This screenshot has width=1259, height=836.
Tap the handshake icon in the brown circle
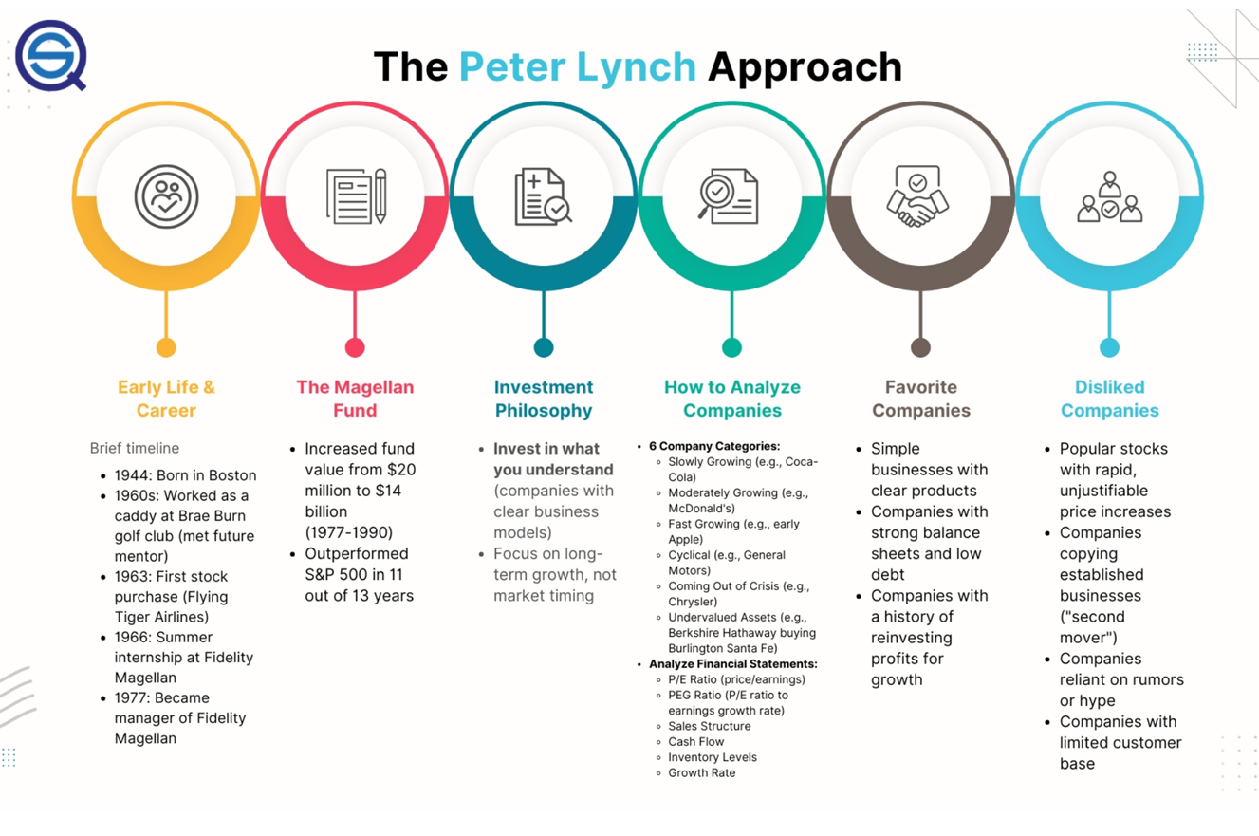pyautogui.click(x=917, y=196)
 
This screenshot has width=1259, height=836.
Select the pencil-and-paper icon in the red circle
pyautogui.click(x=357, y=196)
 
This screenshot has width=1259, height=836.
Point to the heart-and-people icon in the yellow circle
pyautogui.click(x=166, y=196)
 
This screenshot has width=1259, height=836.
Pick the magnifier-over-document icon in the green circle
pyautogui.click(x=728, y=196)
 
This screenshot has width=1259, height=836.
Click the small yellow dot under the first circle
pyautogui.click(x=166, y=347)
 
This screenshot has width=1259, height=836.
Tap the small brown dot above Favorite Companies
pyautogui.click(x=920, y=347)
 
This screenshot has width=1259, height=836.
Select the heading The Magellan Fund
pyautogui.click(x=355, y=399)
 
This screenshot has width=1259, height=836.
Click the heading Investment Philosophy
pyautogui.click(x=544, y=399)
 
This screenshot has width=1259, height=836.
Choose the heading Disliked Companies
pyautogui.click(x=1109, y=399)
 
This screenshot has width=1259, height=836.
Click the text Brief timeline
pyautogui.click(x=135, y=448)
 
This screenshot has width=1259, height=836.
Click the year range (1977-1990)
pyautogui.click(x=348, y=532)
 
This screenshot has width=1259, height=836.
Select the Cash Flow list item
pyautogui.click(x=695, y=741)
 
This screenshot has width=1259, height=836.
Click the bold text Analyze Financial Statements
pyautogui.click(x=733, y=664)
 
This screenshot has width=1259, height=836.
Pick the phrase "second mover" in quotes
pyautogui.click(x=1093, y=627)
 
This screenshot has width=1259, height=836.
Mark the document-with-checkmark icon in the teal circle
pyautogui.click(x=543, y=196)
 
